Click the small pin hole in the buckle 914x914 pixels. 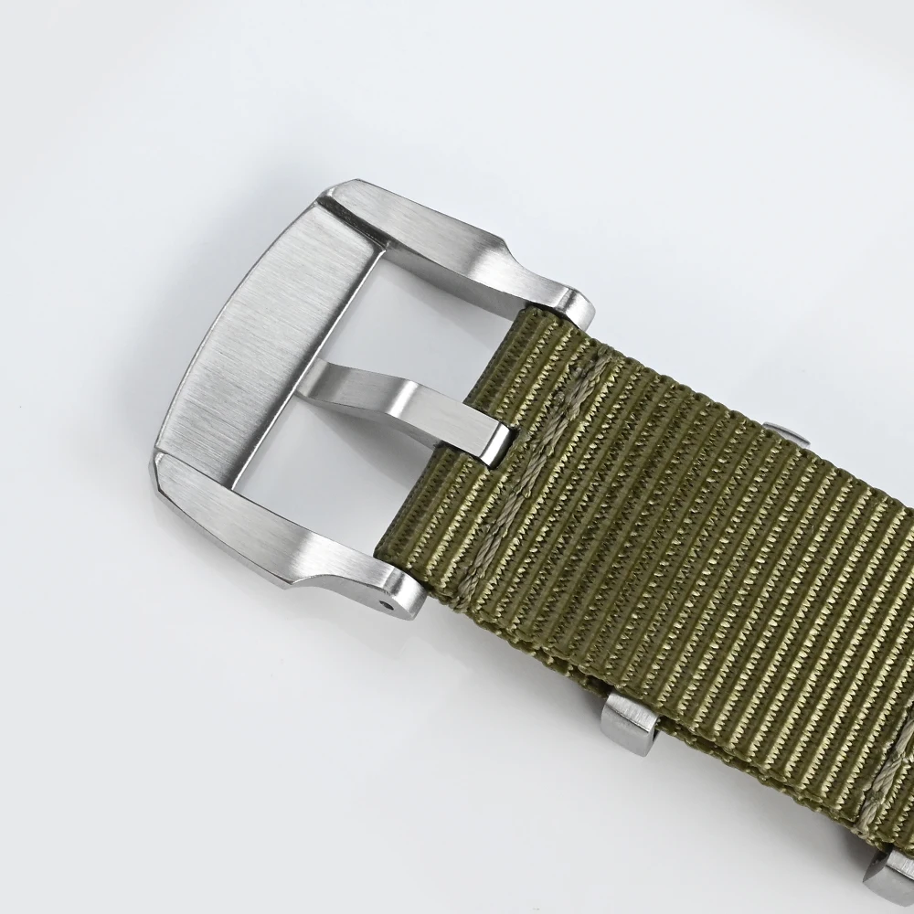[x=394, y=604]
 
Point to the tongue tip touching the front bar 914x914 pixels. [x=330, y=376]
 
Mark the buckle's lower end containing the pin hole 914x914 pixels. [x=393, y=594]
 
